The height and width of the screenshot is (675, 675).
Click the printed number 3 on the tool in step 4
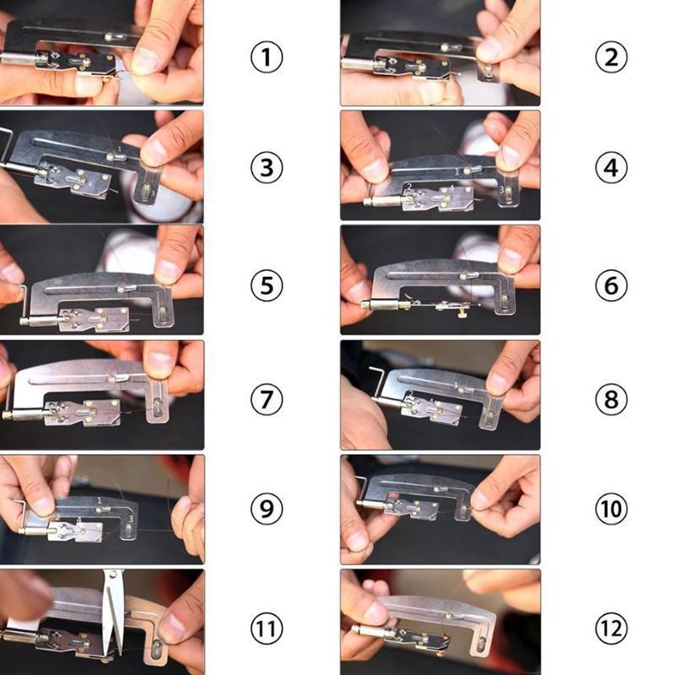(503, 191)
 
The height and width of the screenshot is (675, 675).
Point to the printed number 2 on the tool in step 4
(409, 186)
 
